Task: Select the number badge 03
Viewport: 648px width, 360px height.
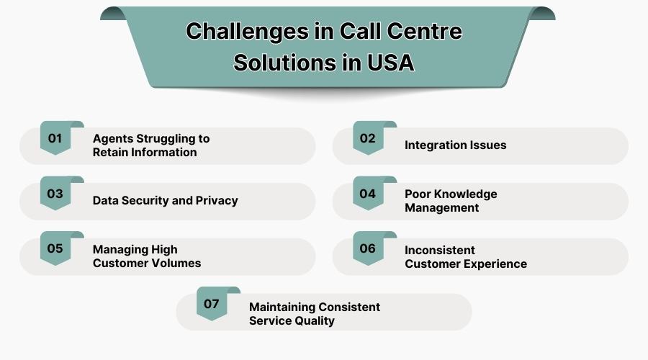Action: pos(55,194)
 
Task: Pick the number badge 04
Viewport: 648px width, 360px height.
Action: pos(368,194)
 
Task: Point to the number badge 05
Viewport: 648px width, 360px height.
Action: pos(55,249)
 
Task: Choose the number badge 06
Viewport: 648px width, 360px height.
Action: pos(368,249)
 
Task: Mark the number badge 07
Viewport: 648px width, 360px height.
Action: pos(212,304)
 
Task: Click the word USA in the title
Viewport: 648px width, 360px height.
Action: pos(390,62)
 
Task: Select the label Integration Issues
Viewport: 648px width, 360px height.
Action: pos(455,145)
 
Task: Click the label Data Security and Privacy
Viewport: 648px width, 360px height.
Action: pos(165,201)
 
